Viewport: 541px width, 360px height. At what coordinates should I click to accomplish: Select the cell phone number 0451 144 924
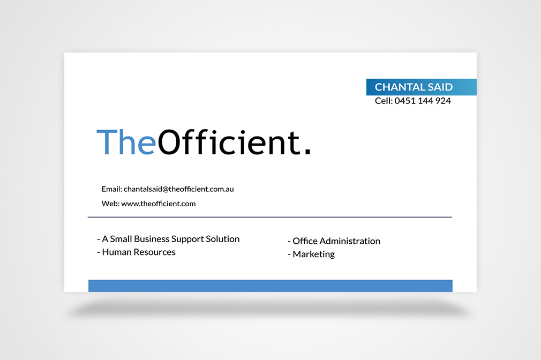click(423, 101)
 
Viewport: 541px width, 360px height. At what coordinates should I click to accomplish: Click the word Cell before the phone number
click(384, 101)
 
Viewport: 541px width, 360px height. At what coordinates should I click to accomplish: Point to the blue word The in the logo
click(126, 142)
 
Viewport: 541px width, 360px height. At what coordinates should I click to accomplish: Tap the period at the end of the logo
click(307, 152)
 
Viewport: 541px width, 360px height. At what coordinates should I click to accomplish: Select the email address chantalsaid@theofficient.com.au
click(179, 189)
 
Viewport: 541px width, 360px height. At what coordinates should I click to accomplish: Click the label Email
click(112, 189)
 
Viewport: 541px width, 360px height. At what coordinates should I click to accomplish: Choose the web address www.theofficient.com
click(159, 204)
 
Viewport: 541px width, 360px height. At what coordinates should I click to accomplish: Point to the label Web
click(110, 204)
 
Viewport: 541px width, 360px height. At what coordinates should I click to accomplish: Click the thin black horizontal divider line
click(270, 217)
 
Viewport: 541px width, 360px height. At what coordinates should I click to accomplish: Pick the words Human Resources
click(139, 252)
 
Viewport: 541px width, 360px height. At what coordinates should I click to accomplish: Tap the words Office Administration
click(336, 241)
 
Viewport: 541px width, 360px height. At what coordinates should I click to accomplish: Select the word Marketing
click(313, 254)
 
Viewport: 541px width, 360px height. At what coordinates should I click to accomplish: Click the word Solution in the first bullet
click(223, 239)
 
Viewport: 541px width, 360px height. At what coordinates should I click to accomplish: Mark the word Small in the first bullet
click(121, 239)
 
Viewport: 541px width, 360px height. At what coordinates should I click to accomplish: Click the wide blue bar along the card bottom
click(270, 286)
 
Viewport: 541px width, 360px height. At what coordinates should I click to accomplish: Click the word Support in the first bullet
click(187, 239)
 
